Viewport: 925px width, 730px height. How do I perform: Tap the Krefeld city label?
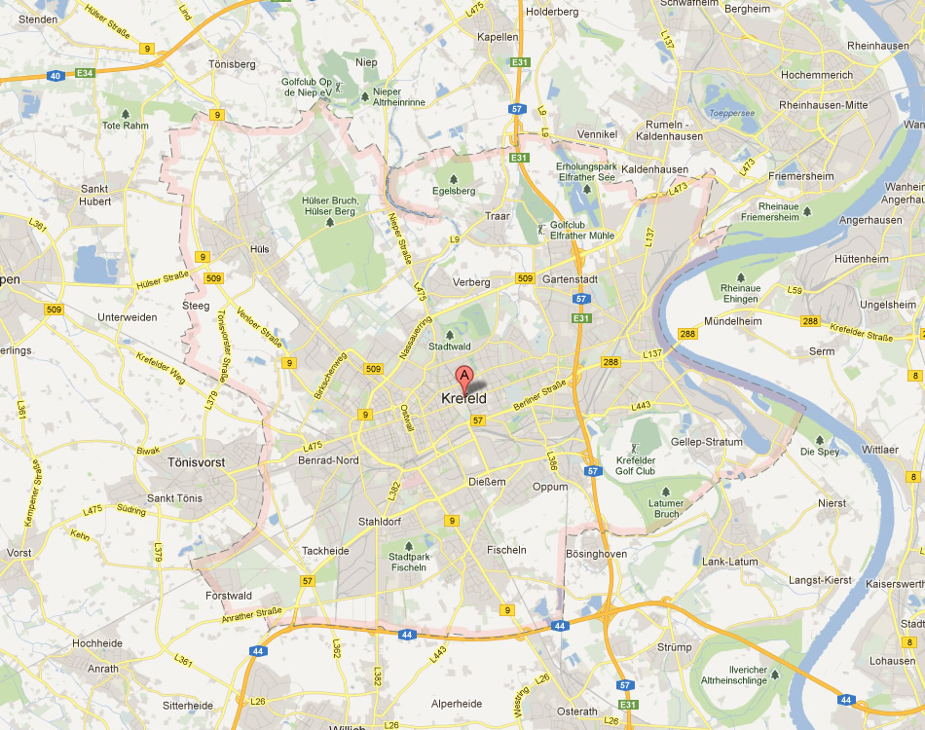(x=463, y=398)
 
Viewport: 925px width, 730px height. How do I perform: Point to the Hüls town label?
(x=259, y=249)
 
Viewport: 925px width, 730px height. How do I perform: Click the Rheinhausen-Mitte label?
(x=830, y=105)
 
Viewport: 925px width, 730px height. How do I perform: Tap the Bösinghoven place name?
(x=596, y=554)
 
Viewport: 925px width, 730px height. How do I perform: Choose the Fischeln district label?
(x=505, y=550)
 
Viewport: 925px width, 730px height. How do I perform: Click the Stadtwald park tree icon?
(x=449, y=334)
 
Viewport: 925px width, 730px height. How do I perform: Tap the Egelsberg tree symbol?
(x=454, y=179)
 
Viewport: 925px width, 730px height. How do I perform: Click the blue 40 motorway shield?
(x=55, y=76)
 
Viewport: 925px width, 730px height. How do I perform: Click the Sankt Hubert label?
(x=95, y=195)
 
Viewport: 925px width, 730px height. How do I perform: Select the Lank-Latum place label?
(x=729, y=562)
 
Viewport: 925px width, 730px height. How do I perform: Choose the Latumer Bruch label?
(x=666, y=508)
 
